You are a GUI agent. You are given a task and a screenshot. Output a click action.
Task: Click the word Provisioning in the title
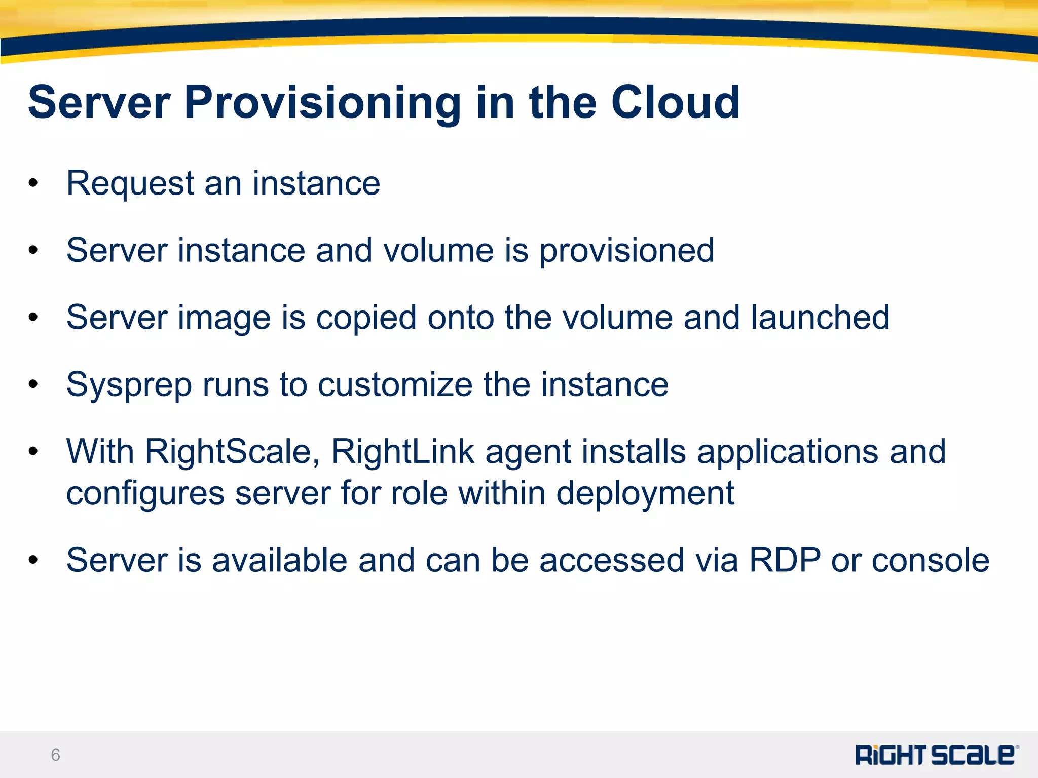(x=322, y=103)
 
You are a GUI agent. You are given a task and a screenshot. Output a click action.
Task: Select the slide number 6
(x=55, y=755)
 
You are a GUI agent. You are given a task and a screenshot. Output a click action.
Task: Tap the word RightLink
(x=403, y=451)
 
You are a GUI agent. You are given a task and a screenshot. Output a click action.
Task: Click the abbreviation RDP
(x=784, y=560)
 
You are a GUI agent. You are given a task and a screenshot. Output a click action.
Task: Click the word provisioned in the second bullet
(x=626, y=251)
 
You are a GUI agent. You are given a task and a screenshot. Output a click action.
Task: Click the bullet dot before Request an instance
(x=33, y=183)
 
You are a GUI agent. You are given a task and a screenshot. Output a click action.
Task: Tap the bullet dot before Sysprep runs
(x=33, y=384)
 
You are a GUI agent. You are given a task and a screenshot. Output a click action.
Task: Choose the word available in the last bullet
(x=279, y=560)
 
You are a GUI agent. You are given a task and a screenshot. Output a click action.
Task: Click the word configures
(x=145, y=493)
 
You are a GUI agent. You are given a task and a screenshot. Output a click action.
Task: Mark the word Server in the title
(x=99, y=103)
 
